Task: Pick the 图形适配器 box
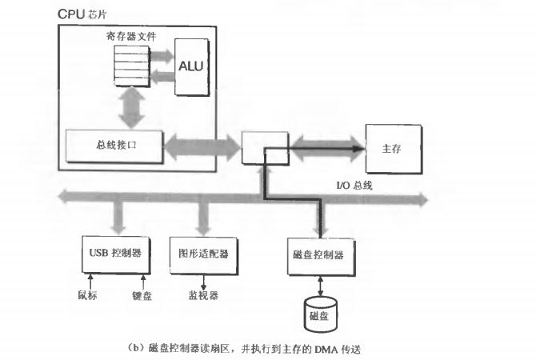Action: click(x=199, y=254)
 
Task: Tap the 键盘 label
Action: click(x=142, y=294)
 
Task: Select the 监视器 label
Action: click(x=203, y=294)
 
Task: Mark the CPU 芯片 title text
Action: click(x=84, y=14)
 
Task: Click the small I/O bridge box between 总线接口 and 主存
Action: click(x=263, y=149)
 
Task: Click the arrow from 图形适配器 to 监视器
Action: click(x=203, y=279)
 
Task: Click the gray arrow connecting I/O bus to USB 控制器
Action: click(x=119, y=217)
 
